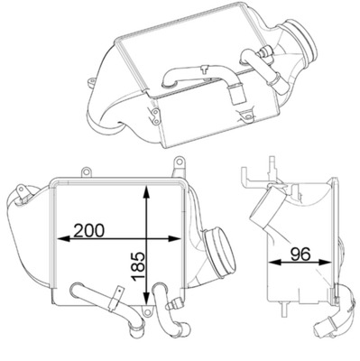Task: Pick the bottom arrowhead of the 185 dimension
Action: click(146, 299)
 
